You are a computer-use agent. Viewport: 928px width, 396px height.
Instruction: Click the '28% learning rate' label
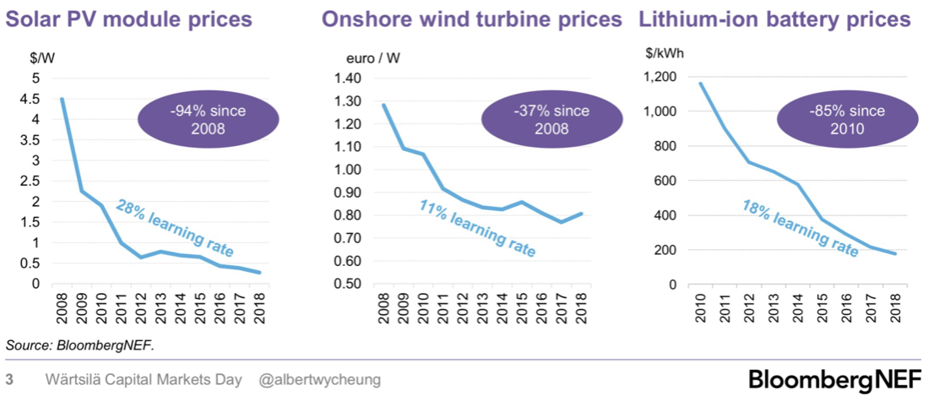(175, 229)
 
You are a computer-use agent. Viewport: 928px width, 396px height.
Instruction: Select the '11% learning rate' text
(477, 228)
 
